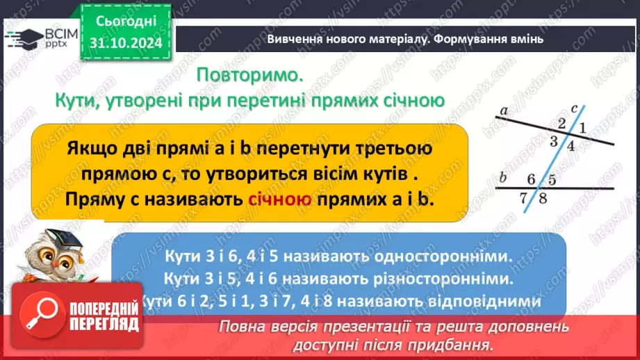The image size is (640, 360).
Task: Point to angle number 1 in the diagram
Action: (x=582, y=127)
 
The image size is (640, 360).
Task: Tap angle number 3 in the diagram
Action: (x=554, y=142)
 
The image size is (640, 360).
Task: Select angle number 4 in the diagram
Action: (x=571, y=146)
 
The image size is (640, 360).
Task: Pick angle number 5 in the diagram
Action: (x=552, y=179)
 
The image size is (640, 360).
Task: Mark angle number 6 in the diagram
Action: (x=532, y=179)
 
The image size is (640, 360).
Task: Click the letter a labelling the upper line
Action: (x=503, y=110)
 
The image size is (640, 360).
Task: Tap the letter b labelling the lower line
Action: (x=503, y=177)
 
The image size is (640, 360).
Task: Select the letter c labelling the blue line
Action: (x=574, y=108)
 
